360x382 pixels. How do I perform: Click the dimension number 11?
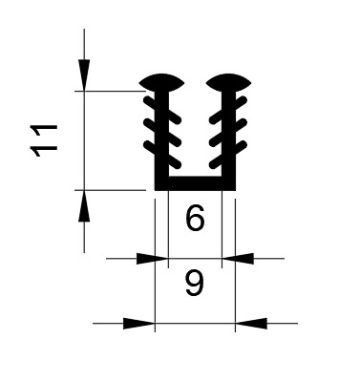coord(44,140)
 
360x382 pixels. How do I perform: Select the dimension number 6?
coord(195,219)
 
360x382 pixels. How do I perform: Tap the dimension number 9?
coord(194,284)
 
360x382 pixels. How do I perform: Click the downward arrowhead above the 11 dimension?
coord(84,75)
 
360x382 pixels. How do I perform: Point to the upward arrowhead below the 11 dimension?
coord(84,205)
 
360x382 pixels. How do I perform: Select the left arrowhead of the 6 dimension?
coord(152,259)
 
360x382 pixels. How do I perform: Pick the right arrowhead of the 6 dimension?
coord(238,259)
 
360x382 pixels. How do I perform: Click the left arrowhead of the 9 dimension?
coord(138,323)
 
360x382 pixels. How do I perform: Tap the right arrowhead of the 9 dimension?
coord(251,323)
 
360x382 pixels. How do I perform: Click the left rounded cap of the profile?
coord(161,83)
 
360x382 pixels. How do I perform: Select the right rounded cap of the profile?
coord(228,83)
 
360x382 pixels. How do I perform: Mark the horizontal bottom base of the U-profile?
coord(195,183)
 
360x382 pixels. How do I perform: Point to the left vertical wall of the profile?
coord(161,140)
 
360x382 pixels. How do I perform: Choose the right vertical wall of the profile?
coord(228,140)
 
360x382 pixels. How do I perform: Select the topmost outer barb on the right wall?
coord(241,102)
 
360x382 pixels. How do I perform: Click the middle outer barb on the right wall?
coord(241,124)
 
